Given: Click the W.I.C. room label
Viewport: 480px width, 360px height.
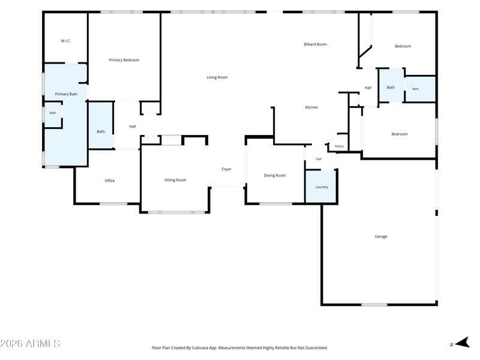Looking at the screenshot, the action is point(65,41).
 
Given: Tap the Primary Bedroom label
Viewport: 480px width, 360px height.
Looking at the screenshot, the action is point(124,60).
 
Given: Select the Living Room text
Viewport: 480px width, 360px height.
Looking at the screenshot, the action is point(217,77).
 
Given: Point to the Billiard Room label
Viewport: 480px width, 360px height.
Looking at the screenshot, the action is point(316,44).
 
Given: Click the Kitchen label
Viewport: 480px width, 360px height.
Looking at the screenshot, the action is point(311,107).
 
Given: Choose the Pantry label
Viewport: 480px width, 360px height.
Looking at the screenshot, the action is point(339,146).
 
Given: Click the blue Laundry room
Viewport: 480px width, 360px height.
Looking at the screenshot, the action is point(322,186).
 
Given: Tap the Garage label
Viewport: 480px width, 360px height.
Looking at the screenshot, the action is point(381,236).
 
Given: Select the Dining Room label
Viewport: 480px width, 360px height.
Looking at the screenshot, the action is point(275,175).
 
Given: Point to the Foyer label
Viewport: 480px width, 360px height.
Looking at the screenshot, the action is point(227,169).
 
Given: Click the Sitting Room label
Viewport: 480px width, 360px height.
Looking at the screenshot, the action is point(175,180).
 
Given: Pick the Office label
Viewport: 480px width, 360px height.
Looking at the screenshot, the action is point(110,181).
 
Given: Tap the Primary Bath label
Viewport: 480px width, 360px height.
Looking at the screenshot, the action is point(66,94).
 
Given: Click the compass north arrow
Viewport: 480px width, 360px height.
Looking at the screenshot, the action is point(463,343).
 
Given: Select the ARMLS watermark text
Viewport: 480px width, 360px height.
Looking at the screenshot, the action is point(30,343).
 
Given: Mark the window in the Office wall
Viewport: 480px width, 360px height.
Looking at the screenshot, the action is point(113,203).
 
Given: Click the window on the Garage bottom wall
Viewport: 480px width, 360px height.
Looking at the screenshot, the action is point(374,305).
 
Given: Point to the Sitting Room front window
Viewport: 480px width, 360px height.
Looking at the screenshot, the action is point(176,212).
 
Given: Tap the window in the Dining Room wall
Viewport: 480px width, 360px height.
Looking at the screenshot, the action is point(276,203).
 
